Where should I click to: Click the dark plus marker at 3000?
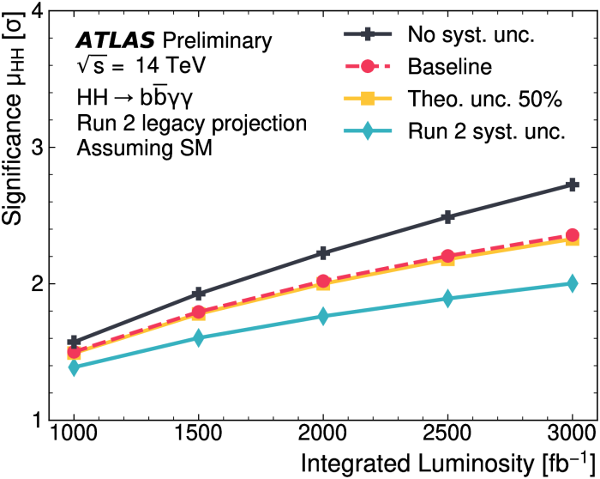pos(572,185)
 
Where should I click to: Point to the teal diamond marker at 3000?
pos(572,283)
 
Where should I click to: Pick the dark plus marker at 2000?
pos(323,252)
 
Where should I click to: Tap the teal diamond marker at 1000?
pos(75,367)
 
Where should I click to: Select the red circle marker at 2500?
pos(447,256)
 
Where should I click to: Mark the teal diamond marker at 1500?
pos(199,338)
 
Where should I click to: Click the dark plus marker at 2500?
pos(447,217)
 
